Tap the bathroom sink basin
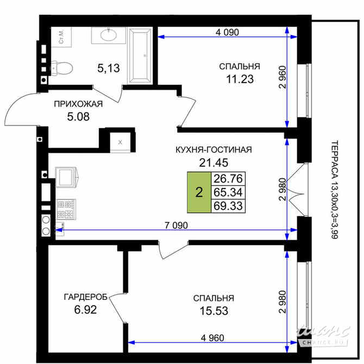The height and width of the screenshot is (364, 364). pos(108,36)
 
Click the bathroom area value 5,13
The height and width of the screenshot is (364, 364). pos(108,68)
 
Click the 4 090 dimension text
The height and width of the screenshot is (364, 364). pos(227,32)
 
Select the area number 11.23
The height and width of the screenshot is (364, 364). pos(239,78)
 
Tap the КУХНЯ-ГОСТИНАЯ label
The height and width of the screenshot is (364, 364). pos(213,150)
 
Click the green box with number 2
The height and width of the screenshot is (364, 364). pos(199,192)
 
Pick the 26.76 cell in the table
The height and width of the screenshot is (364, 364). pos(228,179)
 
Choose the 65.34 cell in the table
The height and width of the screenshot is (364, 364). pos(228,192)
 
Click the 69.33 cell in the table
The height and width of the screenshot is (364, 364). pos(228,206)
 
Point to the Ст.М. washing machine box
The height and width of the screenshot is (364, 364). pos(61,36)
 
